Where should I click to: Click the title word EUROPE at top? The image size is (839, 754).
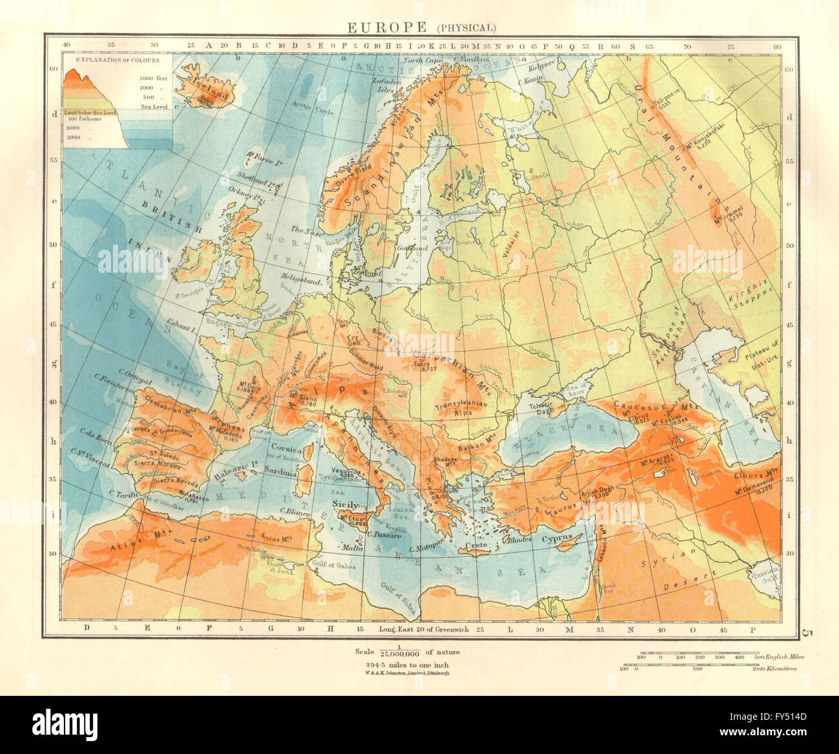tap(387, 27)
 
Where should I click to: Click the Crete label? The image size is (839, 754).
tap(476, 546)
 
